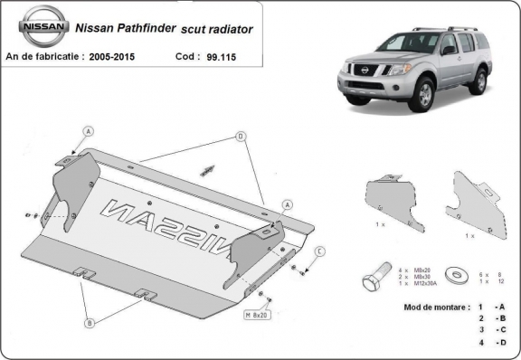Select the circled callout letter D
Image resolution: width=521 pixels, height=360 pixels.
241,137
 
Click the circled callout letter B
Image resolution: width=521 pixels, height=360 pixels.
89,323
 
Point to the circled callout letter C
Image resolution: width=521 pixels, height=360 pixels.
320,251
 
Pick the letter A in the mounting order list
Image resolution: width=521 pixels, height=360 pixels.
501,308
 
